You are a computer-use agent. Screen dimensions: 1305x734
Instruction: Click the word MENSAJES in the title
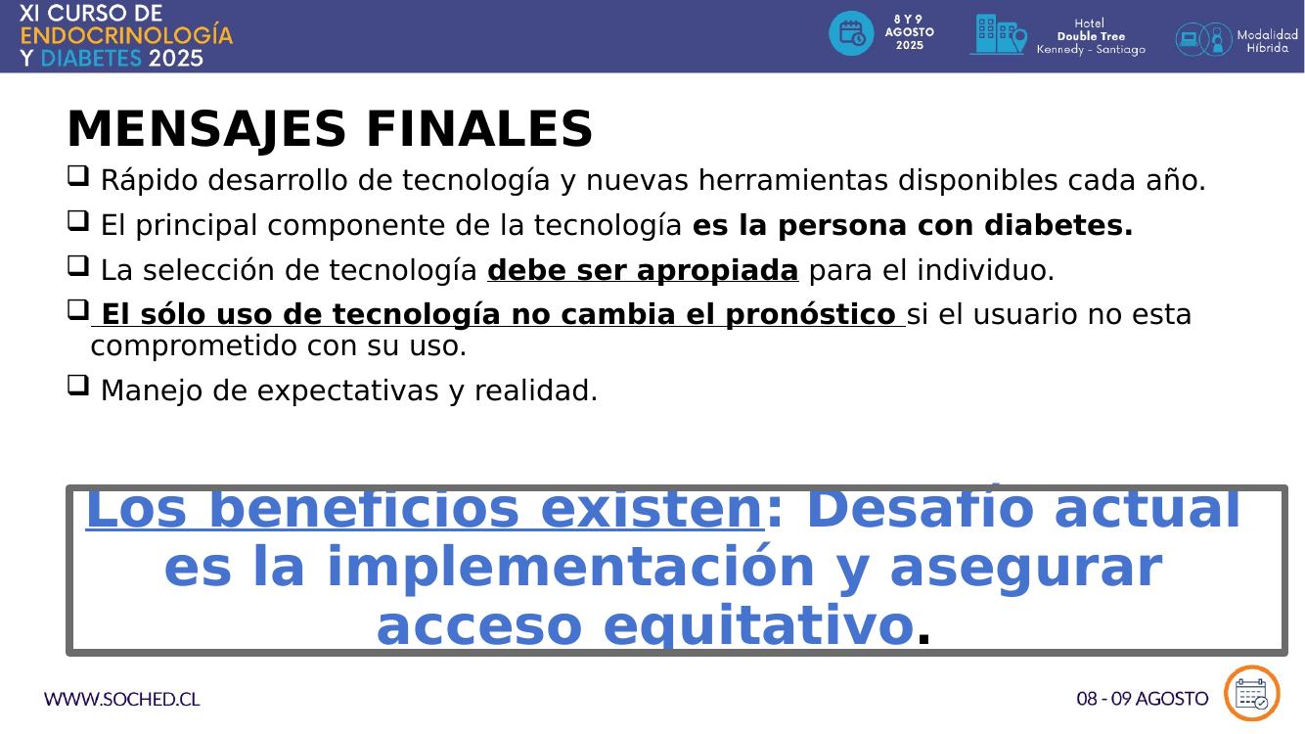tap(206, 129)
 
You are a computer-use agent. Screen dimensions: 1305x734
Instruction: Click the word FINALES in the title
tap(479, 128)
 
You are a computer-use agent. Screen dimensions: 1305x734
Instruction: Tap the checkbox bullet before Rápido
tap(78, 175)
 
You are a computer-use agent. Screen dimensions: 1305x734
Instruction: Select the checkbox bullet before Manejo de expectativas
tap(78, 386)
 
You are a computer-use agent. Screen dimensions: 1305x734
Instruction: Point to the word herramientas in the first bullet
tap(793, 179)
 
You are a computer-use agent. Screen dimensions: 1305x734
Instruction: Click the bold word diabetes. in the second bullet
tap(1058, 225)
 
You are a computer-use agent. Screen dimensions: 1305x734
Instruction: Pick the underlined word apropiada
tap(717, 270)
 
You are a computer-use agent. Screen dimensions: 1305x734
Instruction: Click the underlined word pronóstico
tap(810, 315)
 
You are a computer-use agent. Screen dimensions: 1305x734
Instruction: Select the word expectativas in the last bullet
tap(347, 391)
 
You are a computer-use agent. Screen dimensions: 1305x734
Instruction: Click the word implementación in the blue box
tap(570, 569)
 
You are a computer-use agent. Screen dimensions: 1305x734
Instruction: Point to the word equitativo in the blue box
tap(758, 626)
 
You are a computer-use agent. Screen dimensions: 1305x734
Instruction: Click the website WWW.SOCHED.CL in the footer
tap(121, 699)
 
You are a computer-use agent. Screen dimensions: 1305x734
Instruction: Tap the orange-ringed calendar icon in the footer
tap(1251, 693)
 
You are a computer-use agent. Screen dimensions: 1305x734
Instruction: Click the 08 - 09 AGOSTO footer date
tap(1142, 699)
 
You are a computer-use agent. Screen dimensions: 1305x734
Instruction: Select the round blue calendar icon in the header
tap(851, 33)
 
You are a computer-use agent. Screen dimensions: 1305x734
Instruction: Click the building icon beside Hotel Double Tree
tap(998, 34)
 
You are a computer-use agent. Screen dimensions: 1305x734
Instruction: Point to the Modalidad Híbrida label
tap(1267, 41)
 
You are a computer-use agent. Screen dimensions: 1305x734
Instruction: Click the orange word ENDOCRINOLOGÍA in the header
tap(126, 35)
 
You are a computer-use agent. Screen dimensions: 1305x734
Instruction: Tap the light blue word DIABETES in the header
tap(91, 59)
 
